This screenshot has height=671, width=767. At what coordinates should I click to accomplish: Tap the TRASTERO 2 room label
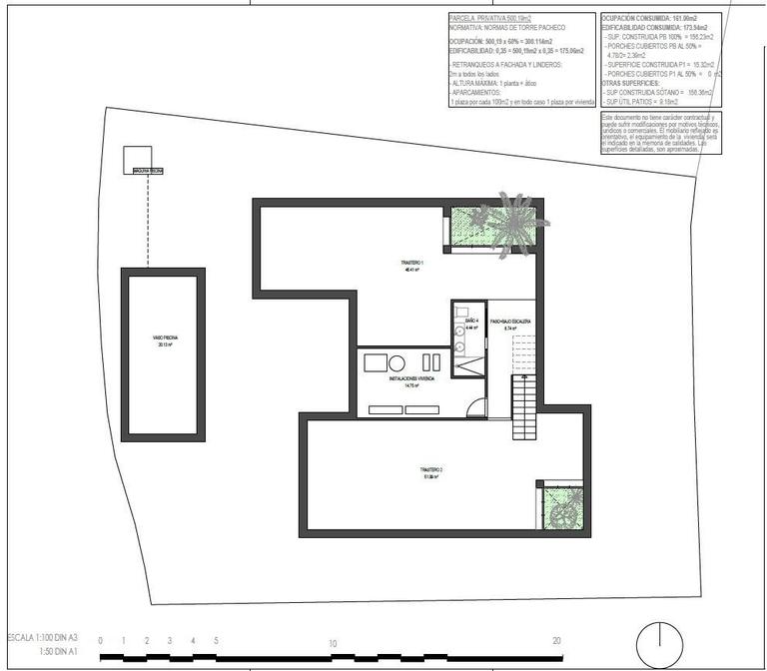tap(430, 473)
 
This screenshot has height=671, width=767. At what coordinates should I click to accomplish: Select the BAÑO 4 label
tap(470, 321)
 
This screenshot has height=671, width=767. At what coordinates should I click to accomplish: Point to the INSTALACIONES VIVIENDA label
tap(412, 380)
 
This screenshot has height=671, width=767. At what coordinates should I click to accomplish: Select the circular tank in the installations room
tap(396, 362)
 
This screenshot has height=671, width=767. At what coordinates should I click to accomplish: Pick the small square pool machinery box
tap(136, 159)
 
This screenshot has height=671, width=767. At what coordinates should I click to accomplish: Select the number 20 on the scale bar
tap(556, 642)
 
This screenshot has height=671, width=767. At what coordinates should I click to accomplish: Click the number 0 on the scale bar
tap(100, 642)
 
